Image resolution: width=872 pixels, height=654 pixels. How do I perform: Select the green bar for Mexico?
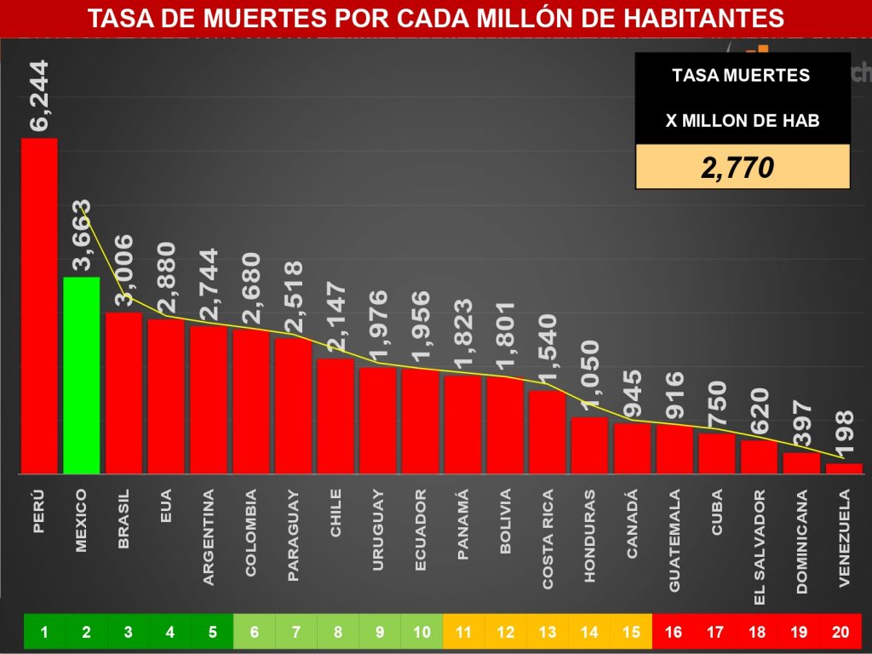click(x=82, y=375)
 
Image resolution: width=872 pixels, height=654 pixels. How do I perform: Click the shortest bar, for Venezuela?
click(x=844, y=468)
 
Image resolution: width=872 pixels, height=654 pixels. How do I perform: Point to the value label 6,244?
click(x=40, y=95)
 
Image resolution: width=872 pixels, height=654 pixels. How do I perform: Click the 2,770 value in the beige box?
click(x=737, y=168)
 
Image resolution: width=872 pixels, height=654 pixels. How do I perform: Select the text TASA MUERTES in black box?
click(x=741, y=76)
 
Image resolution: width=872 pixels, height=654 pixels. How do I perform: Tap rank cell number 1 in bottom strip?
click(x=44, y=632)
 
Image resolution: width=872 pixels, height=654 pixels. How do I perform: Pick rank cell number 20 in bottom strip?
click(x=840, y=632)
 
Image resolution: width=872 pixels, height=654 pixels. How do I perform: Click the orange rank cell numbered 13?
click(x=548, y=632)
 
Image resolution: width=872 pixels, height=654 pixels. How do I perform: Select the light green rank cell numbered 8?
click(x=338, y=632)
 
